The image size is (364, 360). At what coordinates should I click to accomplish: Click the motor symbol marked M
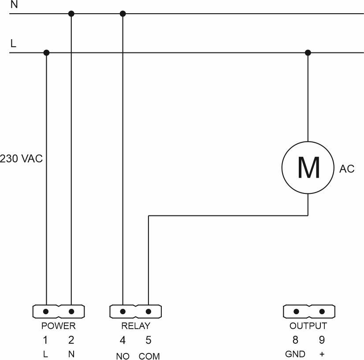click(308, 167)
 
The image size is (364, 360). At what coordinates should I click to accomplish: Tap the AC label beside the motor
click(347, 169)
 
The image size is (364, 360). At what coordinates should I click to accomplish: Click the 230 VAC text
click(21, 159)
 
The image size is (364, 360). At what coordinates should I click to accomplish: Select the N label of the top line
click(14, 5)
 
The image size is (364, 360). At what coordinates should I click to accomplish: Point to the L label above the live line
click(13, 44)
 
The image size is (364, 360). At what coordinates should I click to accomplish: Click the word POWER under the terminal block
click(59, 327)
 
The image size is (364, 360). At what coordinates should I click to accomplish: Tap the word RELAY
click(135, 327)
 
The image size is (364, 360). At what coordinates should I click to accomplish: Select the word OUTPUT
click(308, 327)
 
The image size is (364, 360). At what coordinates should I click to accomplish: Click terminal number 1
click(45, 340)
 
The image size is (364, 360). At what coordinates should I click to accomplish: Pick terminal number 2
click(71, 340)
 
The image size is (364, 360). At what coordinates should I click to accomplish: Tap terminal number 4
click(123, 340)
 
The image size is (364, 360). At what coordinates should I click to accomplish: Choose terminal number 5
click(149, 340)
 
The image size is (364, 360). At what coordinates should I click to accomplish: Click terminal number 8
click(296, 340)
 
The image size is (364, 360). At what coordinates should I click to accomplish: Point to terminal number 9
click(322, 340)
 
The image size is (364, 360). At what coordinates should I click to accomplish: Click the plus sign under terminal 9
click(322, 354)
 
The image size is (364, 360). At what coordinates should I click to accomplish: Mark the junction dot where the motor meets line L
click(308, 53)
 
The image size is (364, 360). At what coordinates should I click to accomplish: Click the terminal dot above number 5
click(149, 312)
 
